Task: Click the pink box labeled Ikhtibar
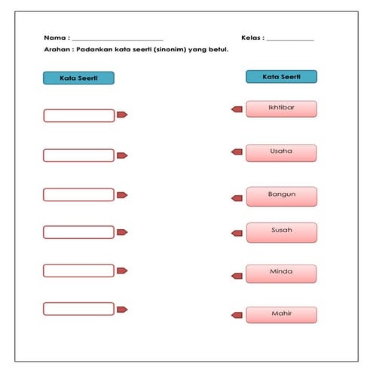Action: coord(281,109)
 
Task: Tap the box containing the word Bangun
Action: coord(281,196)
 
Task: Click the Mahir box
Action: coord(281,314)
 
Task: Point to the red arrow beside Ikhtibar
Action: coord(237,109)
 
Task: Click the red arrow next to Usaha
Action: coord(237,152)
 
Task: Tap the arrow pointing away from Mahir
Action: coord(237,313)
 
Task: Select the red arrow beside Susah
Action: coord(237,236)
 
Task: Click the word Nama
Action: coord(55,38)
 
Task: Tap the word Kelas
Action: coord(252,38)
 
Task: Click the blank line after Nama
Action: coord(118,40)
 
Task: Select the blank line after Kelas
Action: coord(290,40)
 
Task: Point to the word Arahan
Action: coord(58,50)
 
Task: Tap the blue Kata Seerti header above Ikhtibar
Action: coord(281,77)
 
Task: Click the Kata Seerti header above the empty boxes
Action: coord(78,78)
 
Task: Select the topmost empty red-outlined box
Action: coord(78,115)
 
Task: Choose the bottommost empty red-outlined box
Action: coord(78,308)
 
